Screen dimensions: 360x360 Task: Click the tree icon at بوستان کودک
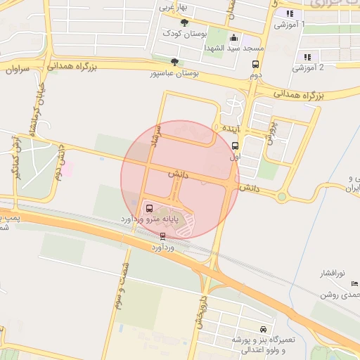pos(184,23)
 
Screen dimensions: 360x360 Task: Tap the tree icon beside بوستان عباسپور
pos(174,62)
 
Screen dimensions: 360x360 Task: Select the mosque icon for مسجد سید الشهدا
pos(233,38)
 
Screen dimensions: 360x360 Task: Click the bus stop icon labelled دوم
pos(255,64)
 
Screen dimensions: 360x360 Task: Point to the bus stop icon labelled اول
pos(234,146)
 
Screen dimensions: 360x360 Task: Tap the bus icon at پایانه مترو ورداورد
pos(148,208)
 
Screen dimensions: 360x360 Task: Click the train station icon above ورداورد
pos(163,236)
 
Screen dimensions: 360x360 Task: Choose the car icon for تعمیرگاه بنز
pos(263,329)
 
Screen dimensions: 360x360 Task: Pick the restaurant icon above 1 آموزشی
pos(288,13)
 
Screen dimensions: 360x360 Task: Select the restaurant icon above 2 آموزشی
pos(306,57)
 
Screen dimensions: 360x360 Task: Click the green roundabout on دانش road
pos(282,197)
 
